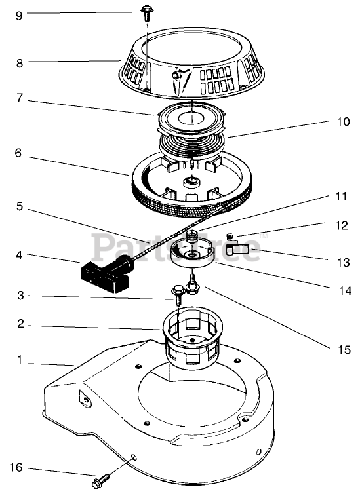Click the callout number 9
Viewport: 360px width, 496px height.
coord(19,16)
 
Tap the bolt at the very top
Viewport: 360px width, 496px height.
coord(146,14)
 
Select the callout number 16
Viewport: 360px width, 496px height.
coord(16,468)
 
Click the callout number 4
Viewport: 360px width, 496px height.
coord(19,255)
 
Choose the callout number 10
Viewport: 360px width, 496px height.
coord(343,122)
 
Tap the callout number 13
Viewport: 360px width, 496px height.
coord(343,262)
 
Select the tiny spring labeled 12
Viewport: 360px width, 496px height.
coord(231,237)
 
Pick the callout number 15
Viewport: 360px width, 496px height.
coord(344,349)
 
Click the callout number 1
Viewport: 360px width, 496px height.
coord(20,360)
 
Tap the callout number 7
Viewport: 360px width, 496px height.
coord(20,98)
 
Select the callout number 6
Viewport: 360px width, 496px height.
coord(18,153)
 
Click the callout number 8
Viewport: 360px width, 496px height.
coord(20,63)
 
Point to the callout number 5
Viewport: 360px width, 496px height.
coord(20,206)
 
